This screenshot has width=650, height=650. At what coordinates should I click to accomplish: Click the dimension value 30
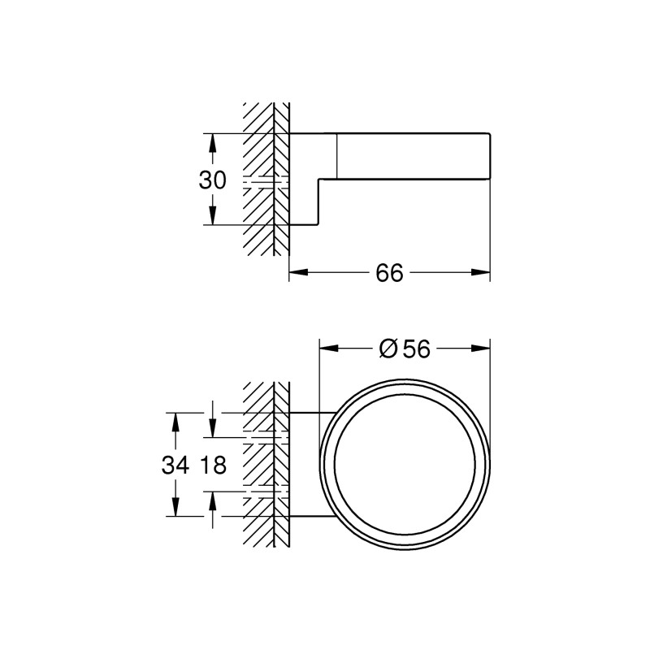point(213,180)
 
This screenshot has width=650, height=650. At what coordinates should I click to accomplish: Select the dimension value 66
point(389,274)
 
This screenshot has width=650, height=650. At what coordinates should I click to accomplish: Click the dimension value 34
point(175,465)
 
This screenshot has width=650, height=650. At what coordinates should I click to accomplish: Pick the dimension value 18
point(212,465)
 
